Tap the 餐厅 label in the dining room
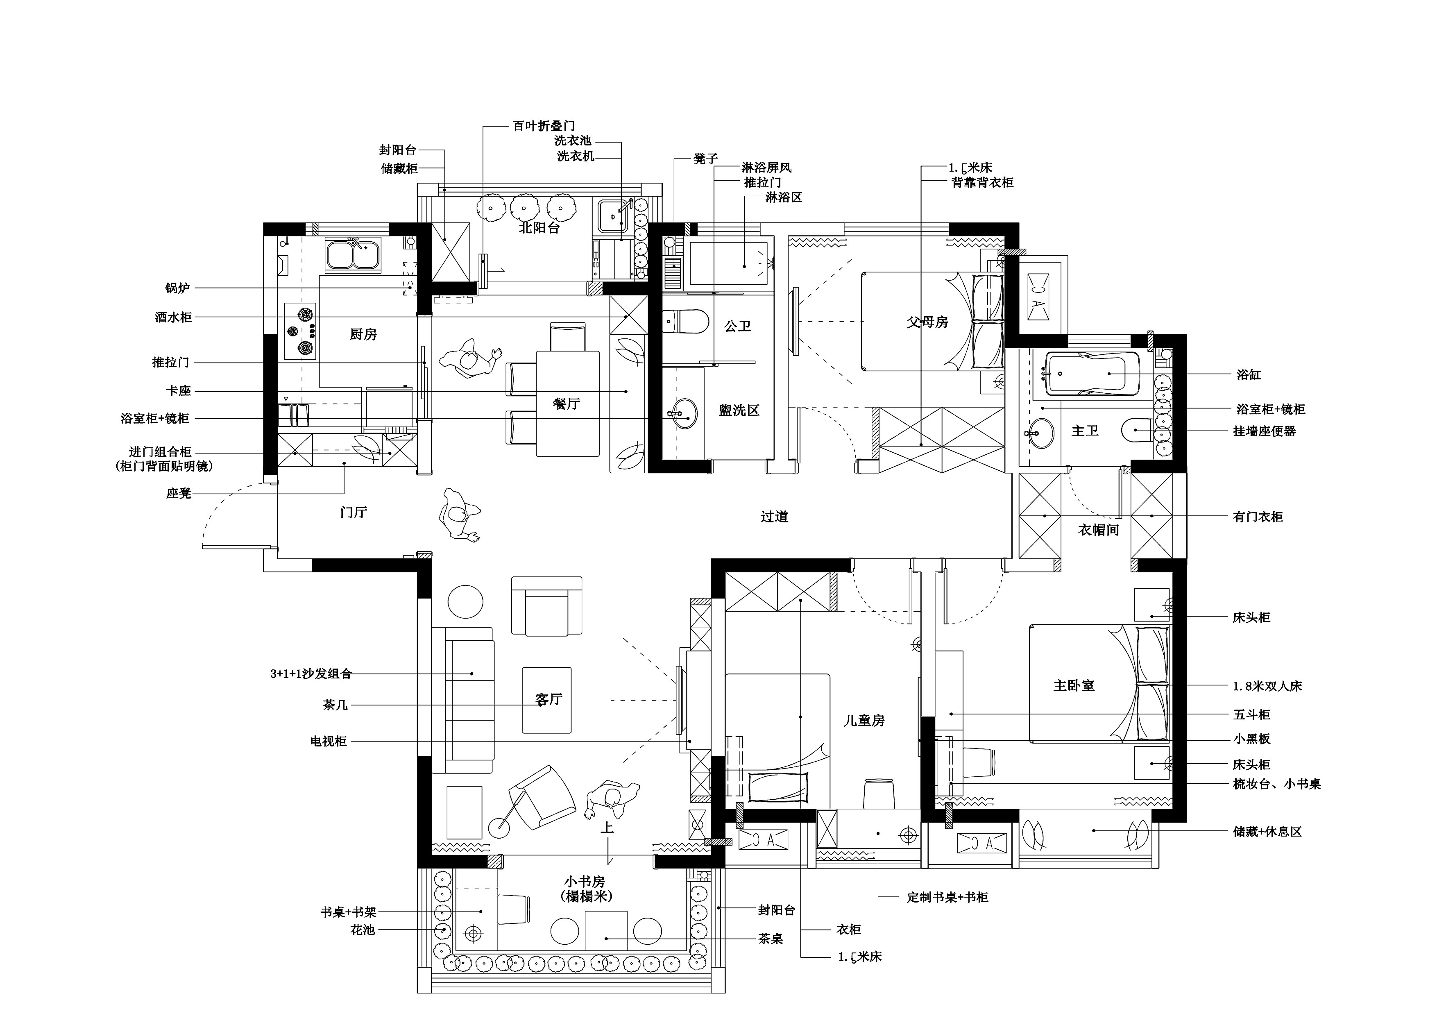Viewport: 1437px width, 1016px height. tap(567, 404)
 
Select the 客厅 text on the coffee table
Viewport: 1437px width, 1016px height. tap(549, 699)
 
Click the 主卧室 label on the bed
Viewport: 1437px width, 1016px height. tap(1074, 685)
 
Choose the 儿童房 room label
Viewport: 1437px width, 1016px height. tap(864, 721)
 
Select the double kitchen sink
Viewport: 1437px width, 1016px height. tap(353, 255)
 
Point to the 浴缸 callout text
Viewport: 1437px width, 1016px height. tap(1249, 375)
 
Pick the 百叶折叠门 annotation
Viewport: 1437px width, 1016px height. tap(544, 126)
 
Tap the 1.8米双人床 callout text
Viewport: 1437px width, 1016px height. tap(1267, 686)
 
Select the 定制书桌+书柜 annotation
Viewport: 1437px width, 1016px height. tap(947, 897)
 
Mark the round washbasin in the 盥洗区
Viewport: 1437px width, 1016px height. tap(682, 414)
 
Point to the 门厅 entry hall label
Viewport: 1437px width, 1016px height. tap(354, 513)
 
